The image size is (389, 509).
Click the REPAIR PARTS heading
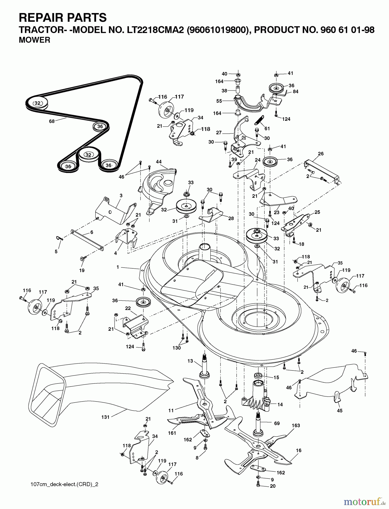[62, 18]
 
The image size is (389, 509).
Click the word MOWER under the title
[34, 40]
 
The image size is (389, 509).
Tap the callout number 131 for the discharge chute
[105, 417]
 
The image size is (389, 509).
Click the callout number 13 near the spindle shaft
[190, 361]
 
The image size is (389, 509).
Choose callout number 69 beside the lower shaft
[277, 423]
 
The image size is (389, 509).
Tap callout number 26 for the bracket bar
[321, 154]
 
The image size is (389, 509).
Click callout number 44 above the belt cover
[159, 162]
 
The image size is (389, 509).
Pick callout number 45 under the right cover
[340, 411]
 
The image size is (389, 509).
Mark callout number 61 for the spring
[267, 128]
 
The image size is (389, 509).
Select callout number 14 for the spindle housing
[280, 405]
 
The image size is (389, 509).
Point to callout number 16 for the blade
[299, 450]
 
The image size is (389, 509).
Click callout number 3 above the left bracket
[121, 195]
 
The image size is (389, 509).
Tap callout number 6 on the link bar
[92, 232]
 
